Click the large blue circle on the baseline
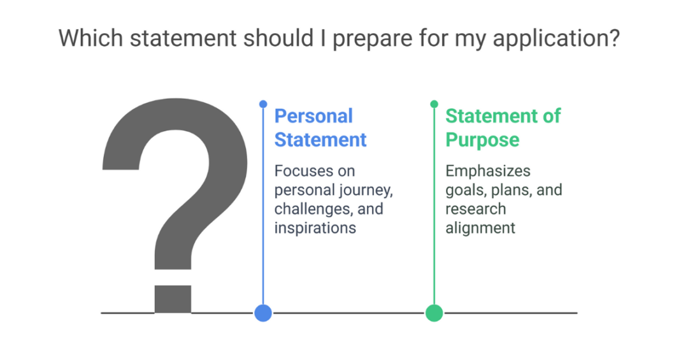tap(263, 313)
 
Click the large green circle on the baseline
tap(434, 313)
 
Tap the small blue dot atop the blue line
tap(263, 103)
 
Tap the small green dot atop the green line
tap(434, 103)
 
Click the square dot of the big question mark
tap(173, 299)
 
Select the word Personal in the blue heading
tap(313, 116)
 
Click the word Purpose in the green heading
tap(482, 140)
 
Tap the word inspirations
tap(315, 227)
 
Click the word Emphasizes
tap(488, 171)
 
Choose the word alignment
tap(480, 227)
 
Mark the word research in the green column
tap(476, 209)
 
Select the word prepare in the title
tap(371, 39)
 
